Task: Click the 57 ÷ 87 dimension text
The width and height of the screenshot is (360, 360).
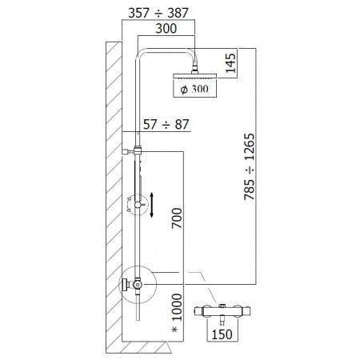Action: [x=165, y=124]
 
